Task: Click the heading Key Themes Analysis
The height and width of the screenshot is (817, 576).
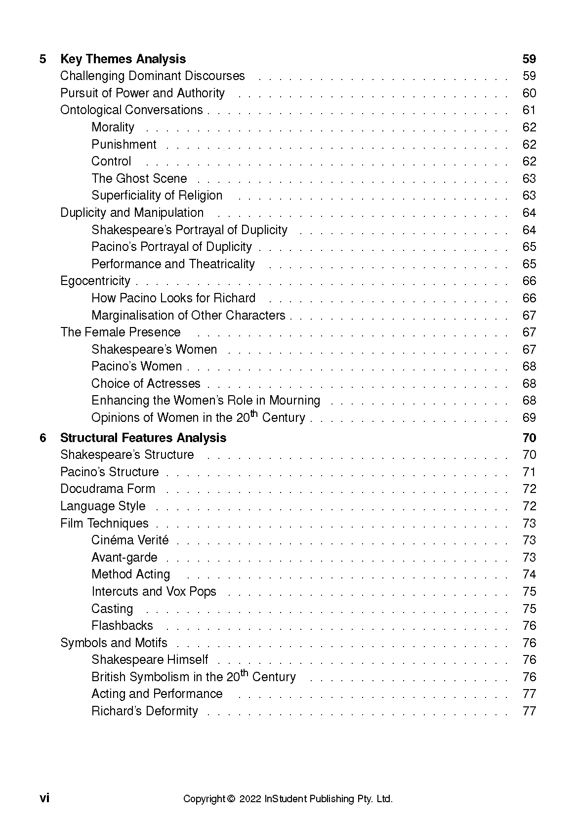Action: pos(123,59)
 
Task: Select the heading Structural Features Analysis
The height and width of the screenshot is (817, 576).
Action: pos(143,438)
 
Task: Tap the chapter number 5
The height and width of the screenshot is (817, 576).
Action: pos(43,59)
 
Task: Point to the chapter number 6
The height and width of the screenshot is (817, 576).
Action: pos(43,438)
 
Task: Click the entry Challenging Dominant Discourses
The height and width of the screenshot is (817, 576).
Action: pos(152,76)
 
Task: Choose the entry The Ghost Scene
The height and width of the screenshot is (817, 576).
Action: pos(139,178)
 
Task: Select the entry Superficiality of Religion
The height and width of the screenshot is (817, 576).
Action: pos(157,196)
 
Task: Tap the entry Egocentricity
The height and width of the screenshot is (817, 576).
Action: pos(95,281)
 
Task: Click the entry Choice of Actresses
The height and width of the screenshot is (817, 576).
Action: pos(146,384)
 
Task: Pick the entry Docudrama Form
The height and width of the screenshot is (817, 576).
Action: pos(108,489)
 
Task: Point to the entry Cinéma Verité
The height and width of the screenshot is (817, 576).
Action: pos(130,540)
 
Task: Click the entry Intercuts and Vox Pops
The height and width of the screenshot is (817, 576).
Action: pos(154,592)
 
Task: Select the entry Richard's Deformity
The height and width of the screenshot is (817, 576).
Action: pos(145,711)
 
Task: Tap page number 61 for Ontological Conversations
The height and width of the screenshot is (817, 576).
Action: pos(529,110)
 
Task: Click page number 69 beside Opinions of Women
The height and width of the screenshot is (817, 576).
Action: pos(529,418)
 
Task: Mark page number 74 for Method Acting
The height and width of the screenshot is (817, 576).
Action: pos(529,574)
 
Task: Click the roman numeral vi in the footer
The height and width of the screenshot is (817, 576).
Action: pos(44,798)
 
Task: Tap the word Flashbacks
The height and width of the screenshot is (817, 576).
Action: pos(122,626)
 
